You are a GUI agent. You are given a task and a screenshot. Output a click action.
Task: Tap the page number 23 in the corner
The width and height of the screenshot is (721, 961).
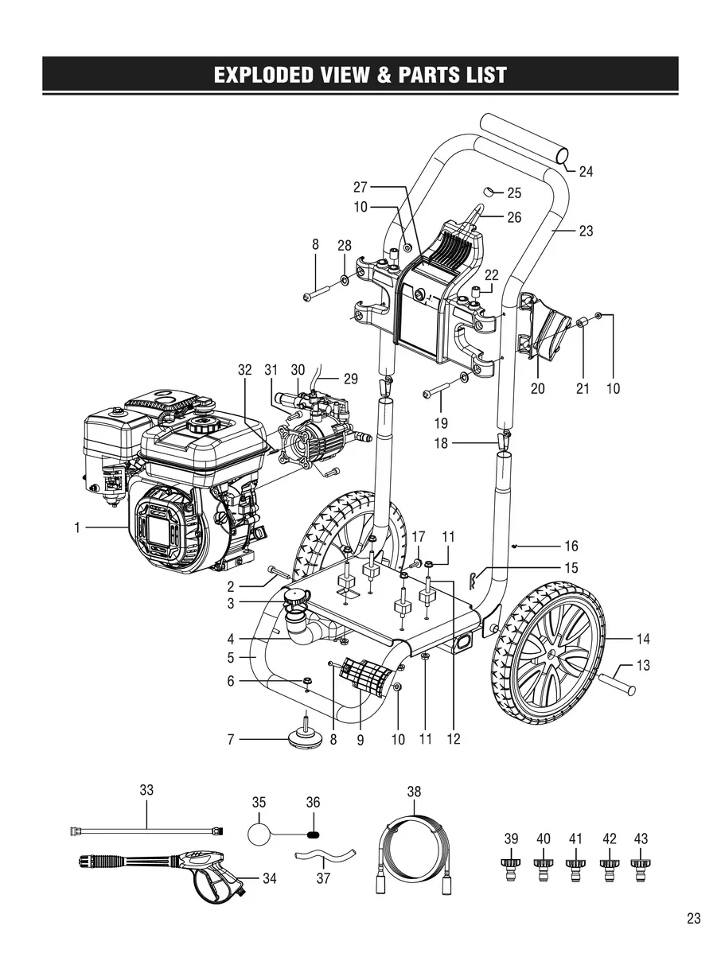693,919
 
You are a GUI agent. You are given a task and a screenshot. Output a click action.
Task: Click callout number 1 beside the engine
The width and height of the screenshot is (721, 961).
78,527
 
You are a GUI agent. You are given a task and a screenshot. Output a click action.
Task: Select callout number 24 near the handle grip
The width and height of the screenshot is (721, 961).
586,171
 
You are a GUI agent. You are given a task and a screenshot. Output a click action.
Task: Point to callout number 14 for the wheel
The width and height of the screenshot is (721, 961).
643,638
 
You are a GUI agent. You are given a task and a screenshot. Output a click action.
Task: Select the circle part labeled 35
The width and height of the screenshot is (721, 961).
259,833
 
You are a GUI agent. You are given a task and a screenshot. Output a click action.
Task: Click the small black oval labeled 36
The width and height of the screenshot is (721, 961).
313,835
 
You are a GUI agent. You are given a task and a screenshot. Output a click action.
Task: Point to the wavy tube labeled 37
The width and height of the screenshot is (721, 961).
322,858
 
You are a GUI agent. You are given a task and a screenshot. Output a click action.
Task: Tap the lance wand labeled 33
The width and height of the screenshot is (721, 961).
147,829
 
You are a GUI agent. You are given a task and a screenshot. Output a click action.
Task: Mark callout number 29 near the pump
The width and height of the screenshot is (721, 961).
350,379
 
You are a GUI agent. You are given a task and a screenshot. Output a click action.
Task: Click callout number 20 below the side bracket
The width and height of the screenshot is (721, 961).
538,389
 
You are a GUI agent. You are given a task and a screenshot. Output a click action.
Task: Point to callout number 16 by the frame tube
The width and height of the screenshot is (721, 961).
571,547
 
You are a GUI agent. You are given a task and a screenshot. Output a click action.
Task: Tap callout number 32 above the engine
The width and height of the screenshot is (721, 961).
245,370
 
